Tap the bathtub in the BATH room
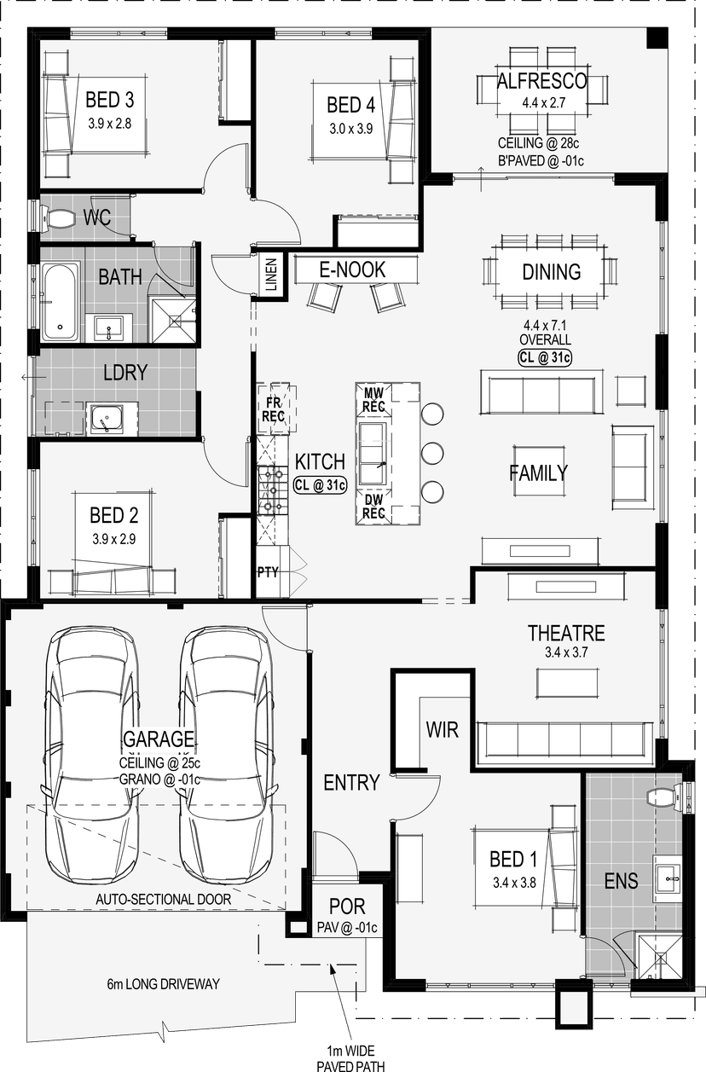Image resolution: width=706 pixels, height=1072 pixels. pyautogui.click(x=61, y=301)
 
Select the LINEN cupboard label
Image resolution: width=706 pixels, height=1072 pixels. pyautogui.click(x=271, y=275)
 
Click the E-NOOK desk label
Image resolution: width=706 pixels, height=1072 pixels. pyautogui.click(x=352, y=269)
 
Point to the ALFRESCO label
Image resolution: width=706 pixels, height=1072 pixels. pyautogui.click(x=542, y=81)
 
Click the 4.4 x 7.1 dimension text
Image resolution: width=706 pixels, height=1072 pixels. pyautogui.click(x=545, y=326)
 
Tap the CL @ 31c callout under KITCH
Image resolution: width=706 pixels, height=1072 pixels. pyautogui.click(x=320, y=485)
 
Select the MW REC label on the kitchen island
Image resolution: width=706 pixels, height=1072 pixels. pyautogui.click(x=373, y=400)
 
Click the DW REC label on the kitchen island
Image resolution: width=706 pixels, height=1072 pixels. pyautogui.click(x=373, y=507)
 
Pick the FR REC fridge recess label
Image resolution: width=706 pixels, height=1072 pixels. pyautogui.click(x=273, y=409)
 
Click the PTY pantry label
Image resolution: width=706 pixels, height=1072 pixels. pyautogui.click(x=268, y=572)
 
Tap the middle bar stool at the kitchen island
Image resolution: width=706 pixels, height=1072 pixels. pyautogui.click(x=432, y=453)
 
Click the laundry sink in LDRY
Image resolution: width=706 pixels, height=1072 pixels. pyautogui.click(x=106, y=419)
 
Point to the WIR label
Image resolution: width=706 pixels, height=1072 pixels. pyautogui.click(x=443, y=730)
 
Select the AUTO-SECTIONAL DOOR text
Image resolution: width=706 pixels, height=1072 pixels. pyautogui.click(x=164, y=899)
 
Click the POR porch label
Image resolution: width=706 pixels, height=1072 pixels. pyautogui.click(x=347, y=907)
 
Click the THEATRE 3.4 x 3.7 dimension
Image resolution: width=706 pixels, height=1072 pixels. pyautogui.click(x=566, y=652)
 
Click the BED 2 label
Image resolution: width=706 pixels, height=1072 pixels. pyautogui.click(x=114, y=515)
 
